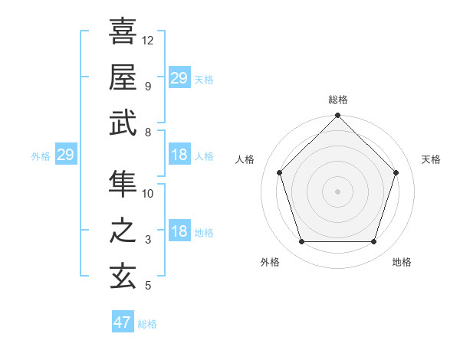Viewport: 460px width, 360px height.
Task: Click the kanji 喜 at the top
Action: pyautogui.click(x=123, y=31)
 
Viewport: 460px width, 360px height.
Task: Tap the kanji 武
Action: pyautogui.click(x=123, y=123)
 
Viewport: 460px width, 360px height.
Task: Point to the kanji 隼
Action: pyautogui.click(x=123, y=184)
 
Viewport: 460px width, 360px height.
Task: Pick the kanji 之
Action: pyautogui.click(x=123, y=231)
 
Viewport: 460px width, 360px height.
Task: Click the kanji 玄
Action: pyautogui.click(x=123, y=277)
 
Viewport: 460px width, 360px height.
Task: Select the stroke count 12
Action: pyautogui.click(x=148, y=40)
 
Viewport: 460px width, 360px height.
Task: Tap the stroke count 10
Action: pyautogui.click(x=148, y=194)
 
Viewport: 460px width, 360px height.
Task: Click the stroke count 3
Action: pyautogui.click(x=148, y=241)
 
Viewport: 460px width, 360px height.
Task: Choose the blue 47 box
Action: pyautogui.click(x=123, y=322)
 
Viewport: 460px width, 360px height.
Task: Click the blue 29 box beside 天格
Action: pyautogui.click(x=179, y=78)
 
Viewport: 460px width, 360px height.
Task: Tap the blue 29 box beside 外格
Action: pyautogui.click(x=65, y=155)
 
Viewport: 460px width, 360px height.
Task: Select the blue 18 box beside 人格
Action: pyautogui.click(x=179, y=155)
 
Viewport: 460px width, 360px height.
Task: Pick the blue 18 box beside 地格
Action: pyautogui.click(x=179, y=232)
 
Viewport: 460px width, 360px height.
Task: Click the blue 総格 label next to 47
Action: pyautogui.click(x=147, y=324)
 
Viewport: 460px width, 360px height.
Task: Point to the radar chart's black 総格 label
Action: pyautogui.click(x=337, y=100)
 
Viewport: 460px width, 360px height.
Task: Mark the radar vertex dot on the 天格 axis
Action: pyautogui.click(x=396, y=172)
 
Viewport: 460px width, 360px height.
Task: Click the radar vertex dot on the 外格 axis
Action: pyautogui.click(x=301, y=242)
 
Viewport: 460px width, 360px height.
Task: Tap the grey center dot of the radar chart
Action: pyautogui.click(x=337, y=191)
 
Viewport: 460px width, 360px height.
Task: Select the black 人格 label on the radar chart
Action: pyautogui.click(x=246, y=159)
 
